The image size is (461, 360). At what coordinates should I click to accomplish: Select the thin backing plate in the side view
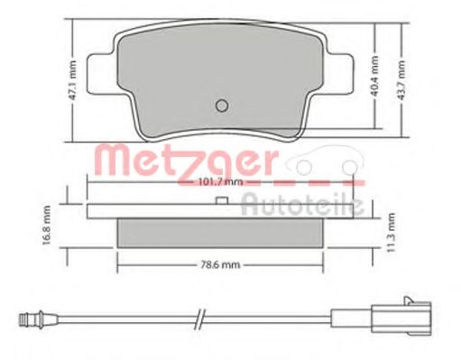coord(220,211)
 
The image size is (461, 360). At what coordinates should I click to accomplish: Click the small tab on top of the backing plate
coord(220,202)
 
